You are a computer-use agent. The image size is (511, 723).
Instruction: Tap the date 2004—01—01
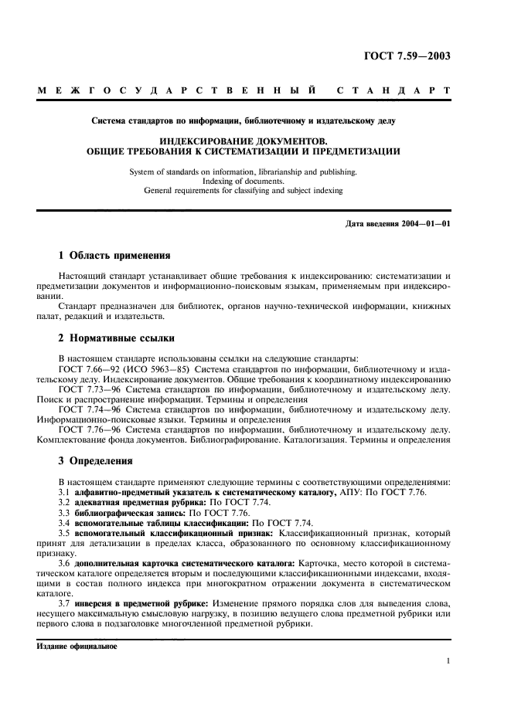426,224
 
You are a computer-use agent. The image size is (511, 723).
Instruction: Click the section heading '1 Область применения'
114,255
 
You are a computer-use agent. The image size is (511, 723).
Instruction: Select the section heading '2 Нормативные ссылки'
117,338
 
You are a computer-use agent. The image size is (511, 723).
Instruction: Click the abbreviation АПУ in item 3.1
349,492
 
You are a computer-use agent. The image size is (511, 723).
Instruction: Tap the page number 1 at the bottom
448,661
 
